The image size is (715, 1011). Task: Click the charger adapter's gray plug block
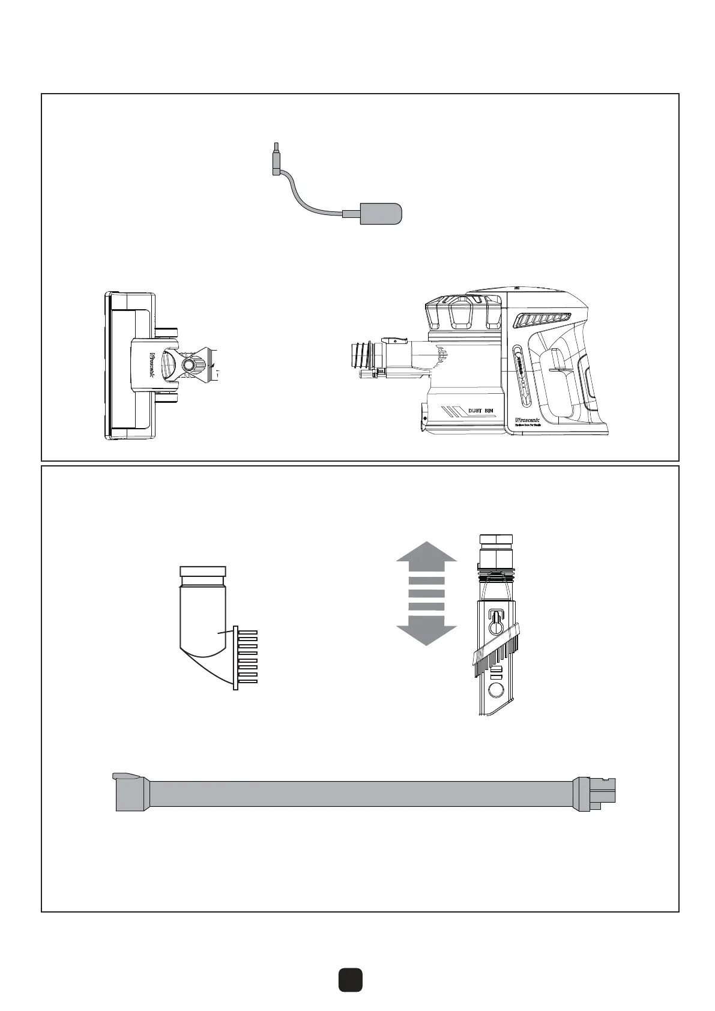pos(380,214)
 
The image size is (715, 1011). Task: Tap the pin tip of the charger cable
pos(276,146)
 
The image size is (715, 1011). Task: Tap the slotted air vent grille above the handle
pos(545,321)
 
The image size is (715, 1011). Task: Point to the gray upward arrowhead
pos(426,555)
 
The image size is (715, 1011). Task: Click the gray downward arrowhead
pos(426,632)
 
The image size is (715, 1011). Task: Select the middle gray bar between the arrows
pos(426,593)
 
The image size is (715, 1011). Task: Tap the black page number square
pos(349,979)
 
